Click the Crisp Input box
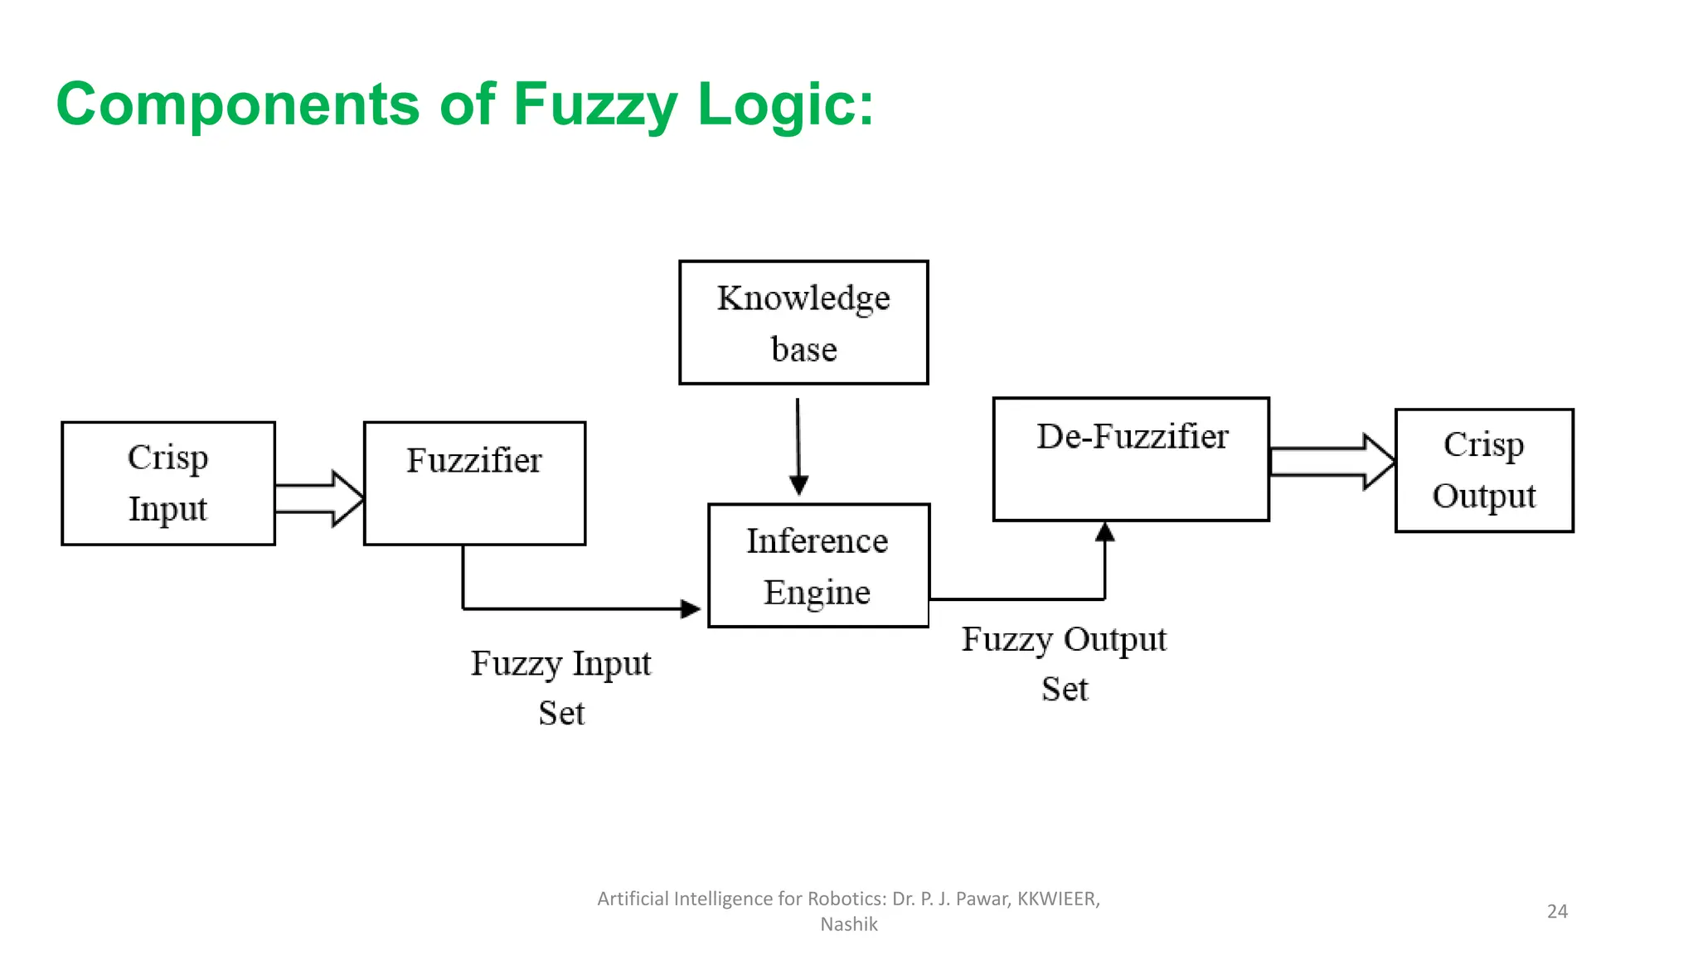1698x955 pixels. click(168, 483)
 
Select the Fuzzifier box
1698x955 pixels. click(474, 483)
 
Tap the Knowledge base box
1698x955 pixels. click(803, 322)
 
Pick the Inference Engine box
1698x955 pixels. click(818, 565)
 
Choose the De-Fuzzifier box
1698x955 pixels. click(1131, 459)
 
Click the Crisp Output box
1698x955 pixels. click(1484, 470)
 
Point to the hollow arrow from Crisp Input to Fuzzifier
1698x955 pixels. click(319, 498)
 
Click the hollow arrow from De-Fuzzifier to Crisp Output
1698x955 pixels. click(1332, 462)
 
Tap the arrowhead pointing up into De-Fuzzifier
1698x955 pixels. click(1104, 532)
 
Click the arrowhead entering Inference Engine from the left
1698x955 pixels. click(690, 609)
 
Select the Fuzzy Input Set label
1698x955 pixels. click(561, 687)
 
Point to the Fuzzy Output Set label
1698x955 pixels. click(1065, 663)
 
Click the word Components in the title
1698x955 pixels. click(238, 105)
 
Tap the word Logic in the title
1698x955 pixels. click(785, 105)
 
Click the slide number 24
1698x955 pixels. click(1557, 911)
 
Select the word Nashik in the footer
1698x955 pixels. click(849, 924)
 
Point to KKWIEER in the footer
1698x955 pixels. click(1058, 899)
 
